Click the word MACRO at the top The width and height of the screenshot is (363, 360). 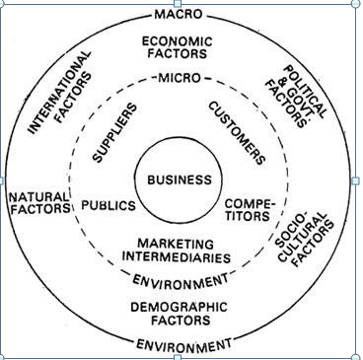[x=179, y=14]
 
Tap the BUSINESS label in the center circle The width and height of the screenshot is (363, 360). [x=180, y=180]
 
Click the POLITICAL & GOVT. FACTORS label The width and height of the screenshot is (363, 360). [x=293, y=97]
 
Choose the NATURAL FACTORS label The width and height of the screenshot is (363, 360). [x=39, y=203]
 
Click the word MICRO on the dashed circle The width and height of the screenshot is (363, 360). [x=179, y=77]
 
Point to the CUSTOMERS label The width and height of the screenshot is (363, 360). [x=238, y=132]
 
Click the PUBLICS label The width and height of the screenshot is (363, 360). [x=108, y=207]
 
